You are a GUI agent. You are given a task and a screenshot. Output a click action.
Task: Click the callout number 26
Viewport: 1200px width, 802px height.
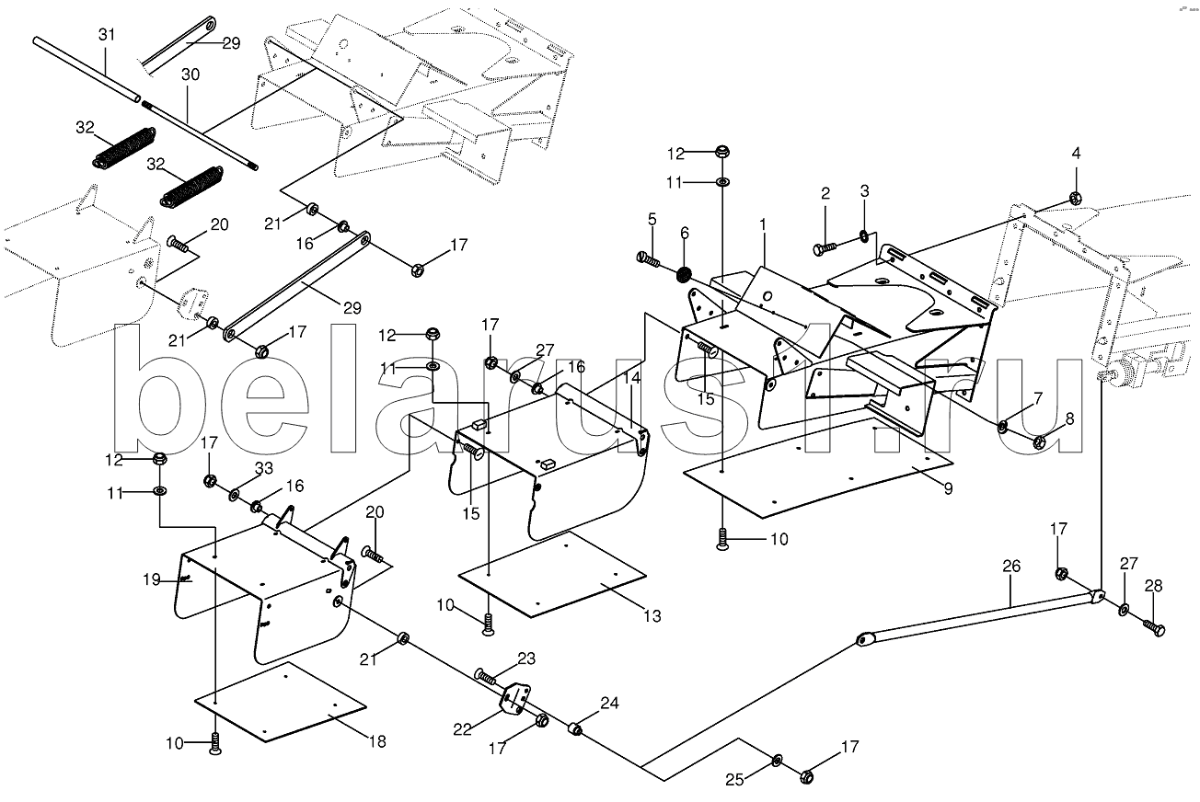coord(1010,567)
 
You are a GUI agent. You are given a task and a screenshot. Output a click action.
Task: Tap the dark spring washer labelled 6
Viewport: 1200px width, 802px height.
coord(684,274)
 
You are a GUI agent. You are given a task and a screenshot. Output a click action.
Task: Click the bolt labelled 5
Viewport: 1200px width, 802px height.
coord(649,259)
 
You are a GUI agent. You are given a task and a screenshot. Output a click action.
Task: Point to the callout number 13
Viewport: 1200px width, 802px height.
coord(652,616)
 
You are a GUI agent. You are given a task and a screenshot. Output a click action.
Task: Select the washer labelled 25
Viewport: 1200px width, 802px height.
coord(778,759)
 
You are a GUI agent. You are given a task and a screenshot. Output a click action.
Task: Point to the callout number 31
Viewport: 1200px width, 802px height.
coord(107,34)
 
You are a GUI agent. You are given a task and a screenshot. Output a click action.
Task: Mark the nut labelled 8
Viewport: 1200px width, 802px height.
coord(1039,442)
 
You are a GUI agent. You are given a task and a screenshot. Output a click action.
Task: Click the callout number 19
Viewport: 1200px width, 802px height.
coord(153,579)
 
